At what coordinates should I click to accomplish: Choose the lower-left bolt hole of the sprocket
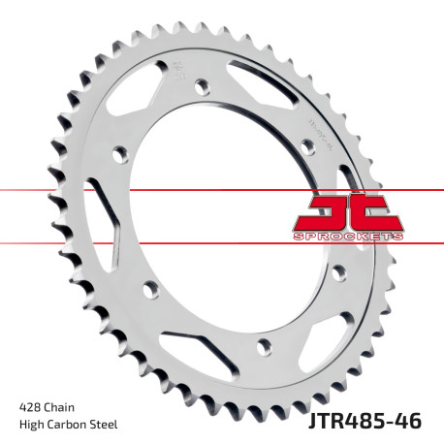150,286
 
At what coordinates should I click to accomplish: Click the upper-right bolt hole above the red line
308,144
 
